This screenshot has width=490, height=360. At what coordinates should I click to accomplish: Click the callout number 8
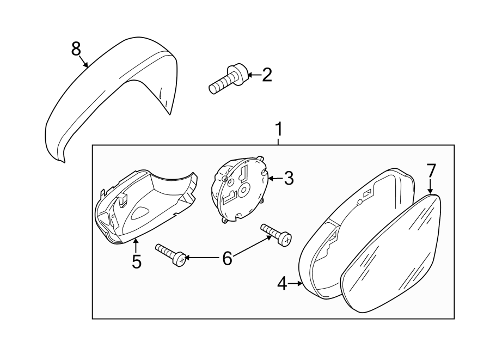tap(76, 49)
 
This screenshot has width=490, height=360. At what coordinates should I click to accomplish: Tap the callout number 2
tap(267, 75)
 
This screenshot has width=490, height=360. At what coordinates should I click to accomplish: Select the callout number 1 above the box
tap(278, 129)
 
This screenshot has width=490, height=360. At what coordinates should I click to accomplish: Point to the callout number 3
tap(289, 179)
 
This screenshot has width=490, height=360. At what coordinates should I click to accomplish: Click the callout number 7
tap(431, 171)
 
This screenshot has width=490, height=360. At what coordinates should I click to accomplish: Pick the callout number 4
tap(282, 284)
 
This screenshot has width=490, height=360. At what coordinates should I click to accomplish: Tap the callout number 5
tap(137, 261)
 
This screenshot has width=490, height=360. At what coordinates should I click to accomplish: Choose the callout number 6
tap(227, 258)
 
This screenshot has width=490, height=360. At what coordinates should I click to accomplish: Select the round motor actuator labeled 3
tap(240, 190)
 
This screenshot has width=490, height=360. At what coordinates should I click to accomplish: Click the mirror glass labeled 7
tap(390, 253)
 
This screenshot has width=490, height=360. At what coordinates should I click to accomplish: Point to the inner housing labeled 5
tap(146, 207)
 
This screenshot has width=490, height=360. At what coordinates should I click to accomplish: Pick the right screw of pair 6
tap(276, 234)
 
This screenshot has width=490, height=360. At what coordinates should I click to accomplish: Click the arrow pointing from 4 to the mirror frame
tap(295, 284)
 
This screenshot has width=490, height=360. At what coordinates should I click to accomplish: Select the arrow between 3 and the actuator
tap(275, 179)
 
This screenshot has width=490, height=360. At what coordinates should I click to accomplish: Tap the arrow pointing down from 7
tap(430, 186)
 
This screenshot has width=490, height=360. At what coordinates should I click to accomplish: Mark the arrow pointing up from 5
tap(136, 246)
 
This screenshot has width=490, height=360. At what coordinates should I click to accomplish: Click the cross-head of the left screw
tap(181, 260)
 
